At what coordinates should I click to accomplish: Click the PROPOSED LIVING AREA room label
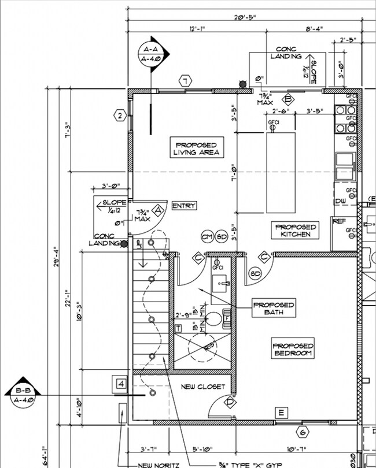196,148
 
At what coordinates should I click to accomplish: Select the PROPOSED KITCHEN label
295,231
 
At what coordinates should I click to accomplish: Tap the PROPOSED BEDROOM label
292,349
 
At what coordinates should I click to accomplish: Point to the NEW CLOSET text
202,387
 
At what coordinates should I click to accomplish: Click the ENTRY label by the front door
184,206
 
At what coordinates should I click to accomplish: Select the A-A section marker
152,55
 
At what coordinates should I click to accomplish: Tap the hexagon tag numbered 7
185,81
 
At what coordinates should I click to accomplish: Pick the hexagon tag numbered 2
120,116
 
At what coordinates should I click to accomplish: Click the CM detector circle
207,237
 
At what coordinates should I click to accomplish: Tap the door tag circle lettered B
289,98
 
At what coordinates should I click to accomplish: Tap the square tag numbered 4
120,384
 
